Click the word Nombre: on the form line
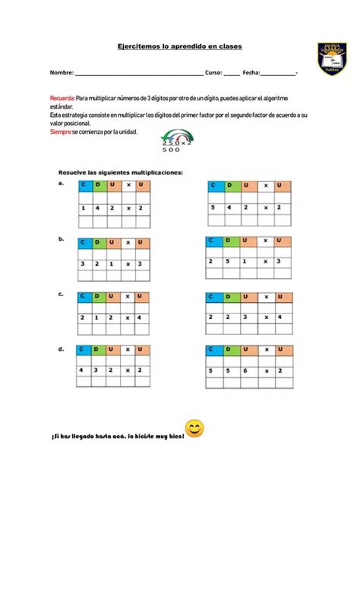point(62,72)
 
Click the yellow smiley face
point(195,429)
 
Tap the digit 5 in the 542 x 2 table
point(214,207)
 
